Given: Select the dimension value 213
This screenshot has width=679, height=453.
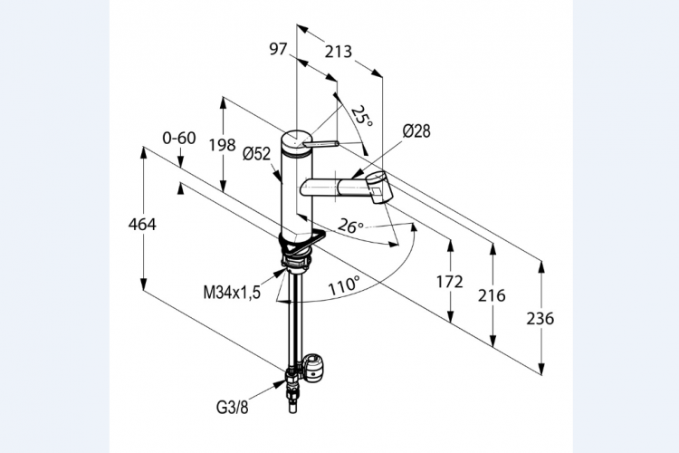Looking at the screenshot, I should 338,52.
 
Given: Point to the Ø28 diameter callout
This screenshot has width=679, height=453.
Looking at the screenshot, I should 416,131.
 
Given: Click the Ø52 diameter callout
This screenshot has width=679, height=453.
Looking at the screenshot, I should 257,154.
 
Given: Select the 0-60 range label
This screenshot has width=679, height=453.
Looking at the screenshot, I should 179,138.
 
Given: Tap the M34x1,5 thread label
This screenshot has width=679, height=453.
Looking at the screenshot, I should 232,292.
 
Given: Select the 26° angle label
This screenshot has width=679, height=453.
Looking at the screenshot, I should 350,226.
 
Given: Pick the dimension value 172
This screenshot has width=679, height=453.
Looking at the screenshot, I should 449,283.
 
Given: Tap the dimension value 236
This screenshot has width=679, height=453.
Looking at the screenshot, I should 540,318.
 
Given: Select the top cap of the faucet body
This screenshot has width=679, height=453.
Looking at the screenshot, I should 295,141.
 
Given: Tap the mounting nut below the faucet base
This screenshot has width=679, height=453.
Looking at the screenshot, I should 295,264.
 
